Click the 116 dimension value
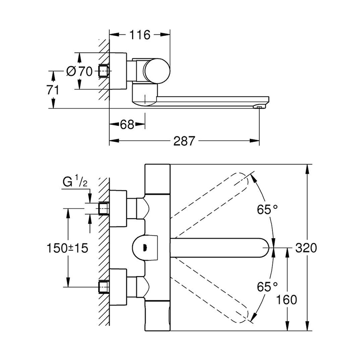[140, 35]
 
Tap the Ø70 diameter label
[80, 72]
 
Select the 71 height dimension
[53, 90]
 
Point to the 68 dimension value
[127, 125]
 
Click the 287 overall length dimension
[185, 141]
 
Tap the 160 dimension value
[288, 300]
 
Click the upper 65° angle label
[267, 209]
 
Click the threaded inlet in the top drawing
[104, 71]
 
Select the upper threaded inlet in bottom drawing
[104, 208]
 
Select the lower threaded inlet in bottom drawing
[104, 287]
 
